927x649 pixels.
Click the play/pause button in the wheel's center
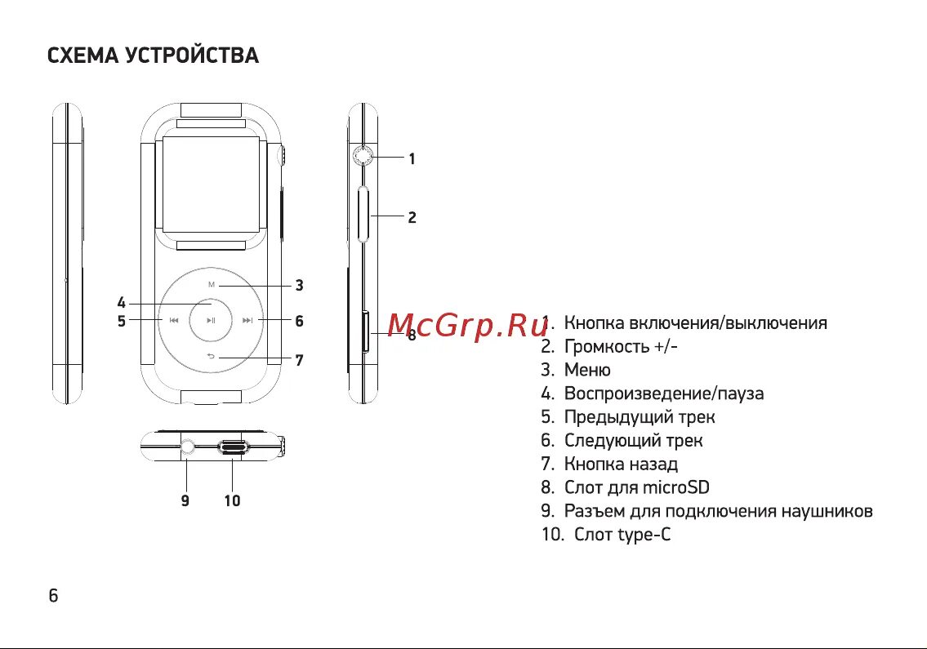[212, 321]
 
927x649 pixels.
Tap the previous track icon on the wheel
[174, 321]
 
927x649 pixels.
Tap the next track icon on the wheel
[248, 321]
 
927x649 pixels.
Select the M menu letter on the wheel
[212, 285]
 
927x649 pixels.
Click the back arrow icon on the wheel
[212, 357]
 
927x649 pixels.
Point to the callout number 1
[412, 159]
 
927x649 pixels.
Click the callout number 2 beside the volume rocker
[412, 217]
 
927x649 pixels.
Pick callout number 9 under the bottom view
[185, 500]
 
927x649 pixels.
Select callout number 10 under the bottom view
[233, 500]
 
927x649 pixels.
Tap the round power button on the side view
[363, 156]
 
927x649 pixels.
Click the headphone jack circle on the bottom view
[187, 447]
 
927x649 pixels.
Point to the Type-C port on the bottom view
[234, 447]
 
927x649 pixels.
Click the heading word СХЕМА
[82, 56]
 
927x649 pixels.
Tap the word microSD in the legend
[675, 487]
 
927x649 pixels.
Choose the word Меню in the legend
[587, 370]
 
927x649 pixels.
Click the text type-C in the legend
[645, 535]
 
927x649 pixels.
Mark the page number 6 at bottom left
[53, 595]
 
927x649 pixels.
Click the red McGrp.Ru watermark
[466, 326]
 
